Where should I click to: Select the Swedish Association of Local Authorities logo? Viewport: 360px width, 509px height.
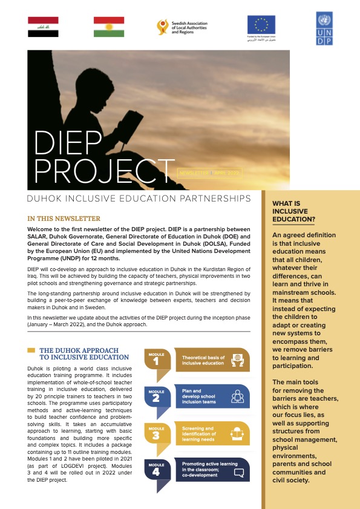coord(182,27)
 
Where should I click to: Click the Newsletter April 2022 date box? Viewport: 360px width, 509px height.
coord(208,172)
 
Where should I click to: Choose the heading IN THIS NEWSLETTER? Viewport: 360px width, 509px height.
coord(64,218)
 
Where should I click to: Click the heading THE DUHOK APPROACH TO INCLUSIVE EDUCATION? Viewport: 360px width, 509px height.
coord(83,353)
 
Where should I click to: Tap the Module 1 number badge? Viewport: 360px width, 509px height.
coord(155,361)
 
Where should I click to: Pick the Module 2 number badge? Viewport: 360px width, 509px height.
coord(155,397)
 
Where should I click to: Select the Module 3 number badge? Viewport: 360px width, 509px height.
coord(155,433)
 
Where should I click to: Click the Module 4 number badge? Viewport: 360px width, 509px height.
coord(155,470)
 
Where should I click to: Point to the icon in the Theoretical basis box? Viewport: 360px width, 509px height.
coord(238,360)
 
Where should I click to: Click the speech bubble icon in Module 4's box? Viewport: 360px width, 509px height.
coord(238,470)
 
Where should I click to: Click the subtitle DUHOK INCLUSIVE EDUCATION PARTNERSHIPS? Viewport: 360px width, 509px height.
coord(139,199)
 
